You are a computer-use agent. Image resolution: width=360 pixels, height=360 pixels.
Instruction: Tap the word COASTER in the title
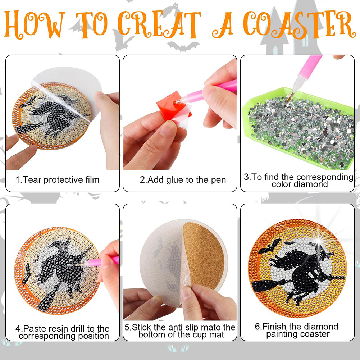(x=299, y=24)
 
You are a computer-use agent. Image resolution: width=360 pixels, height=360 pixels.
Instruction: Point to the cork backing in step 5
(x=203, y=255)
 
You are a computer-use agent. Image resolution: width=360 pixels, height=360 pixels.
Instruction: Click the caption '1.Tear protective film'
(x=58, y=179)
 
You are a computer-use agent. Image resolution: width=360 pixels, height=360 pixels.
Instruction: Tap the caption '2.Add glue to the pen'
(x=183, y=179)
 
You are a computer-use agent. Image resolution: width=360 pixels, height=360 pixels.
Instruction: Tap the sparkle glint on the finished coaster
(x=319, y=241)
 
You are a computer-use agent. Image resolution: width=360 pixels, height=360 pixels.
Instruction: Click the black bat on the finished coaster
(x=270, y=246)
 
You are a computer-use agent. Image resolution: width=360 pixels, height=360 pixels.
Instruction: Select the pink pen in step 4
(x=101, y=262)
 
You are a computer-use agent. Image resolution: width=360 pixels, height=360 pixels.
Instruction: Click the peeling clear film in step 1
(x=67, y=92)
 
